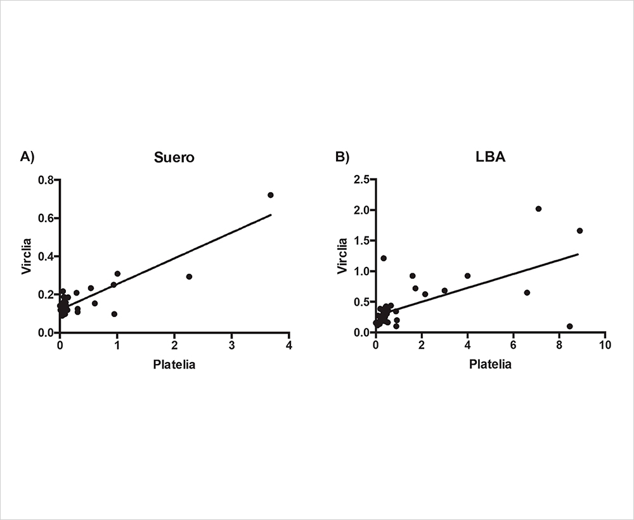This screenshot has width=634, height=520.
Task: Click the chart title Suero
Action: (x=174, y=158)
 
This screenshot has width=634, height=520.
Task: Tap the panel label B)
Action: (x=343, y=157)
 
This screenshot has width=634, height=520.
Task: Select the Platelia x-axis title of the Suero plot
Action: (x=174, y=365)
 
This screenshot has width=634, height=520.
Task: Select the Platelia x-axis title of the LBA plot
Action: (x=490, y=365)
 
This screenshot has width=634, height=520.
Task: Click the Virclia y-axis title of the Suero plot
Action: (x=27, y=256)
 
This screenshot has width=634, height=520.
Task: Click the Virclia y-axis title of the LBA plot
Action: (x=343, y=256)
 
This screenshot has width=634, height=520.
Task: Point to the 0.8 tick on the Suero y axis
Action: (x=46, y=180)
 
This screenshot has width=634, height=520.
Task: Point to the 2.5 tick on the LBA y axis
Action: (x=362, y=180)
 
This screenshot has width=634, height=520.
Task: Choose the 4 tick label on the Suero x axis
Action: (x=289, y=346)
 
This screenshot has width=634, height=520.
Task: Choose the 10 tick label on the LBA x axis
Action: (x=605, y=346)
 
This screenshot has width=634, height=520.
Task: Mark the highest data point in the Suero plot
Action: (x=271, y=195)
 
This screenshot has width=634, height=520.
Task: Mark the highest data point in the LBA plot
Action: (x=539, y=209)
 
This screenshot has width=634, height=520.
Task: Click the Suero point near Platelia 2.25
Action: (x=189, y=276)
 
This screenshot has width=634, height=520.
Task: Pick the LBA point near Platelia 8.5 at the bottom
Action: (x=570, y=326)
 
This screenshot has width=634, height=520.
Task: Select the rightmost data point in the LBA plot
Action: (x=579, y=231)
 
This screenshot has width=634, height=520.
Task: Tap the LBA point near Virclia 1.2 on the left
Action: (x=384, y=258)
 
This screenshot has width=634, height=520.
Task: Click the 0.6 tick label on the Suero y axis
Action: (x=46, y=218)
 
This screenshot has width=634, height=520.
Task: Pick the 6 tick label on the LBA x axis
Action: (x=514, y=346)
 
